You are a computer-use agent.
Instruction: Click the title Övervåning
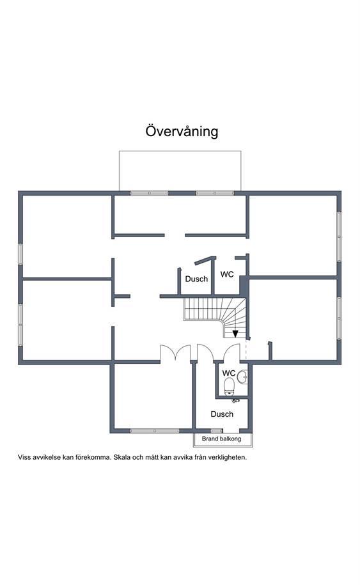pyautogui.click(x=182, y=131)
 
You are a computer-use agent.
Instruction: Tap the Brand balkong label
pyautogui.click(x=222, y=439)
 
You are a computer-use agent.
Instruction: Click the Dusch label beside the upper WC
pyautogui.click(x=196, y=279)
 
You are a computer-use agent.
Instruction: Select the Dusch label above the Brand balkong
pyautogui.click(x=222, y=414)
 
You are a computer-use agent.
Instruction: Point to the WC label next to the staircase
pyautogui.click(x=227, y=274)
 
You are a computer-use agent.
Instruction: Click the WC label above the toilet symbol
pyautogui.click(x=229, y=373)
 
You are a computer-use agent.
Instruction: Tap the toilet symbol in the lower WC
pyautogui.click(x=229, y=386)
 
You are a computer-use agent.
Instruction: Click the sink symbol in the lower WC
pyautogui.click(x=242, y=377)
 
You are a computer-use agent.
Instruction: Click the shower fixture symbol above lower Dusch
pyautogui.click(x=235, y=400)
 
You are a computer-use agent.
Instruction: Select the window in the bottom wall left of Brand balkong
pyautogui.click(x=155, y=431)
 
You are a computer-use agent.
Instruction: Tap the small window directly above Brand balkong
pyautogui.click(x=216, y=431)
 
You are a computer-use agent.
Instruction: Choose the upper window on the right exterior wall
pyautogui.click(x=339, y=237)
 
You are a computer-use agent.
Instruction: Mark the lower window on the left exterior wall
pyautogui.click(x=20, y=325)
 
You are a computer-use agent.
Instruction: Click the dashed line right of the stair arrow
pyautogui.click(x=246, y=349)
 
